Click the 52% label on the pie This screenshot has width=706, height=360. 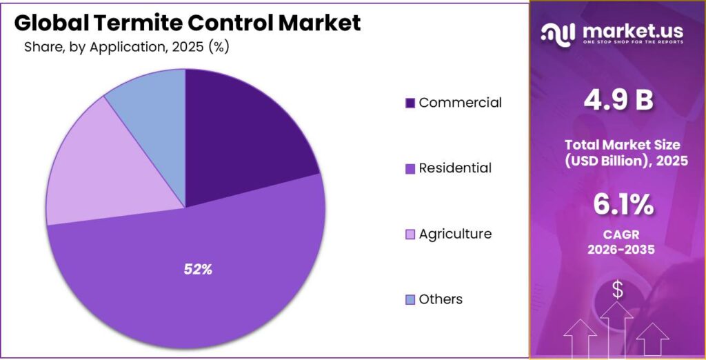click(198, 270)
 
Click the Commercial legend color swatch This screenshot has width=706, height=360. click(410, 103)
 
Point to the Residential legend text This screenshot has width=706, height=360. click(455, 168)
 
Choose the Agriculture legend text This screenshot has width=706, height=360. click(455, 234)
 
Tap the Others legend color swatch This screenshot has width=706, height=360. click(410, 300)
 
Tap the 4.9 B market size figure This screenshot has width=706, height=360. click(618, 101)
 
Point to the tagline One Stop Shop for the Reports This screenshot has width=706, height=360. click(633, 42)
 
